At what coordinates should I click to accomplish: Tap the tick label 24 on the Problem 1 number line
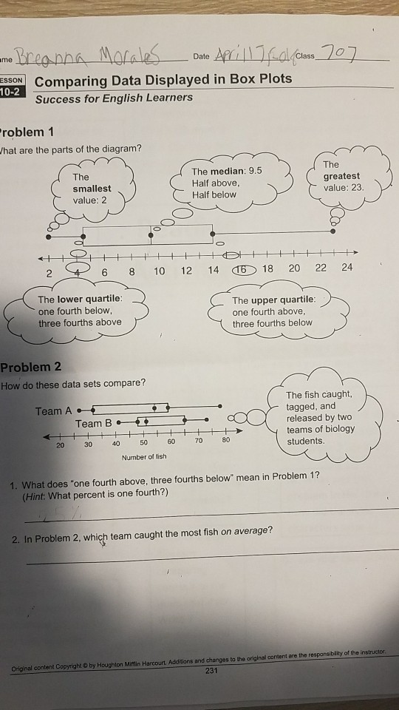pos(347,268)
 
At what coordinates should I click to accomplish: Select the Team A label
pos(53,411)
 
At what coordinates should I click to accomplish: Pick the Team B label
pos(93,424)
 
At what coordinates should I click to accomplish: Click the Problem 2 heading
pos(31,368)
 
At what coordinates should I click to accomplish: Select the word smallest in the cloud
pos(92,189)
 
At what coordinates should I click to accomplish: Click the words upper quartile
pos(284,301)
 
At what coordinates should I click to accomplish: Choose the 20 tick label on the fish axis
pos(60,445)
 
